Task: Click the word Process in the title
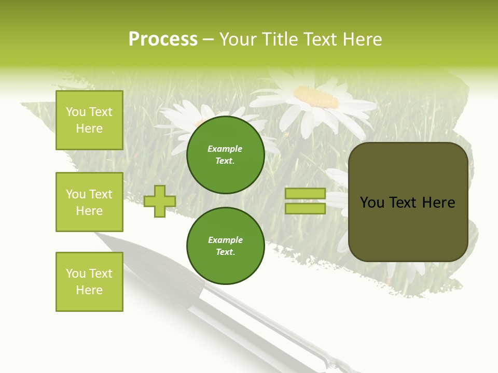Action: (x=163, y=39)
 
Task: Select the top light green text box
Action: (x=89, y=120)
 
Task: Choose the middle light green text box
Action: (x=89, y=202)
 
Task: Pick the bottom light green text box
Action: (x=89, y=282)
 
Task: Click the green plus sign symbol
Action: (x=160, y=202)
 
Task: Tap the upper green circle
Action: (x=226, y=155)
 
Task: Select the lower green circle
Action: (x=226, y=246)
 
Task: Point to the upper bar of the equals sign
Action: (x=305, y=194)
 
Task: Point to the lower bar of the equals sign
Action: (x=305, y=209)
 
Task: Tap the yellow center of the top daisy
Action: (x=315, y=96)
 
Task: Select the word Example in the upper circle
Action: (x=225, y=149)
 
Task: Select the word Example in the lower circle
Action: (x=225, y=240)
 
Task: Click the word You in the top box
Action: (x=76, y=112)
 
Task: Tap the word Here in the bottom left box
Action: (x=89, y=290)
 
